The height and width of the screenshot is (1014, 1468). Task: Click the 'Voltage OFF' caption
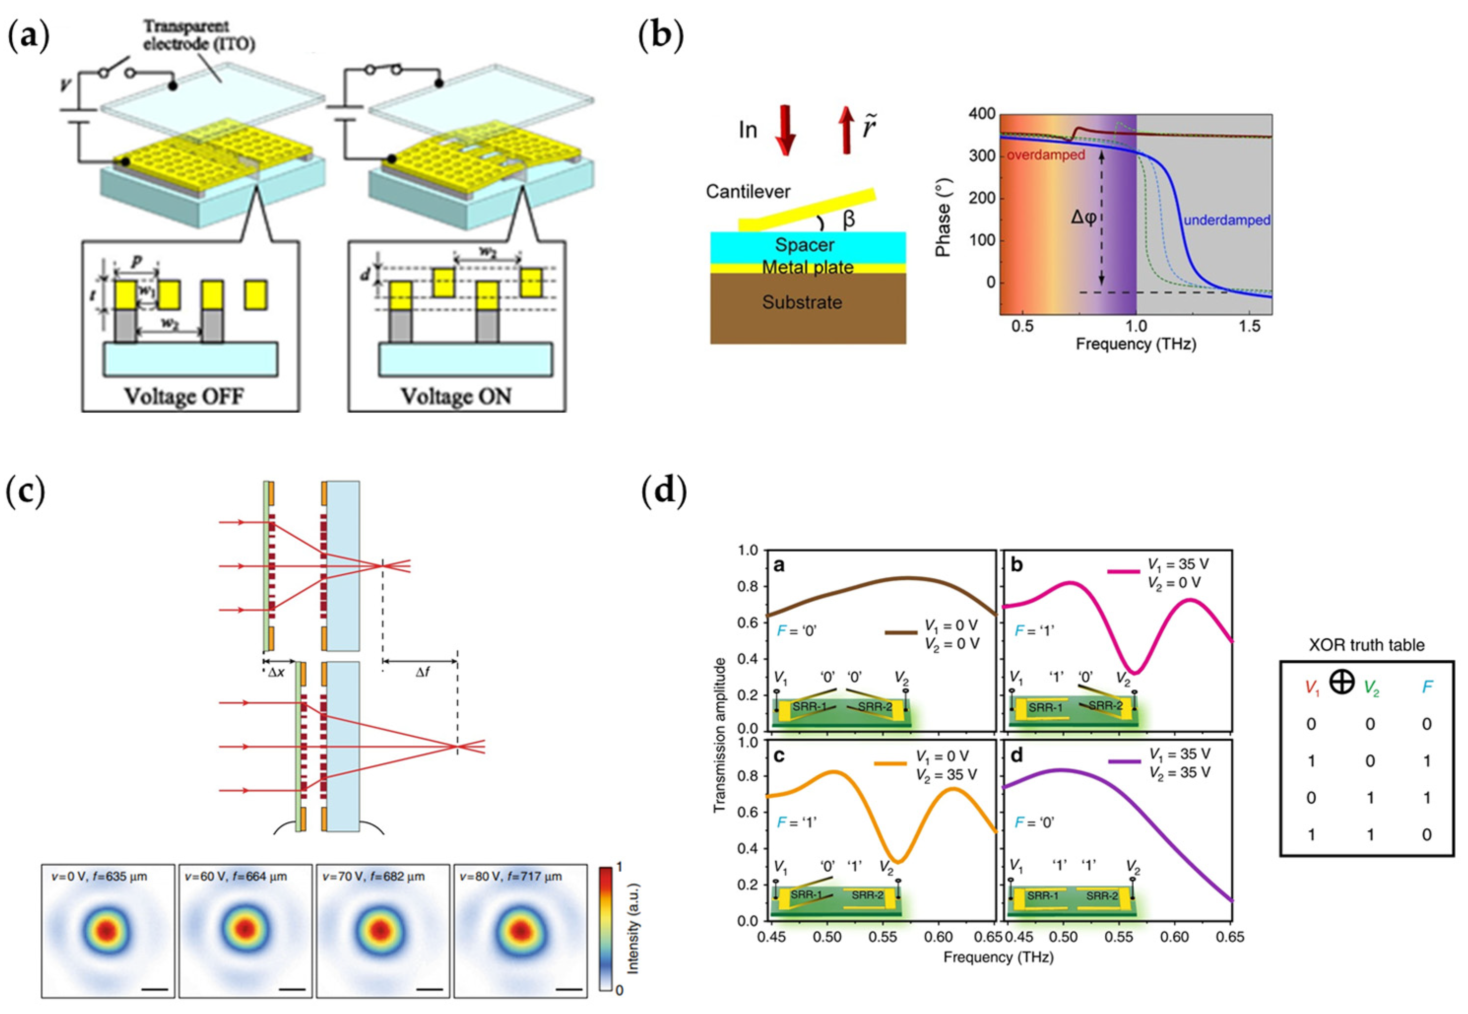pos(184,396)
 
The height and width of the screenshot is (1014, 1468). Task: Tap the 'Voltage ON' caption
pos(456,396)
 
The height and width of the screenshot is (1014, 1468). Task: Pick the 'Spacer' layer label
pos(804,245)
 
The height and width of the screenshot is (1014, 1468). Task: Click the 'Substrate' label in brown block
pos(802,302)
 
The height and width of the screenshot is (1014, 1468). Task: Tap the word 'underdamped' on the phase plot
pos(1227,221)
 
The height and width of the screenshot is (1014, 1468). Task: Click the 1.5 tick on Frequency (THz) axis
pos(1249,327)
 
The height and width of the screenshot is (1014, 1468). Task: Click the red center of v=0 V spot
pos(107,930)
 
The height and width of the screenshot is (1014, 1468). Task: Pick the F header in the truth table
pos(1427,687)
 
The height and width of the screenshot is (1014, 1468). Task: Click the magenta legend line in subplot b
pos(1124,571)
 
